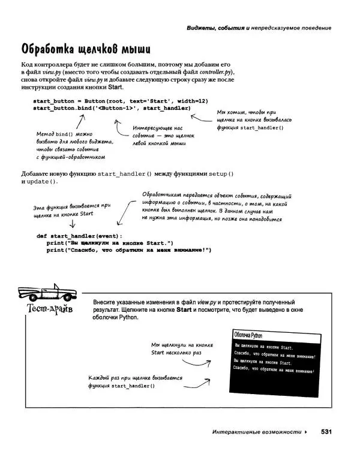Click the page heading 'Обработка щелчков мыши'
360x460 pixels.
86,49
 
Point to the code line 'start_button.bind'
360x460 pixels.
112,109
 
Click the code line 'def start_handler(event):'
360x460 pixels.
79,236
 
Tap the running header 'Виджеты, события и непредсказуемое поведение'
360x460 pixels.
259,28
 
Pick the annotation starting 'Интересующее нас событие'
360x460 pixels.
159,136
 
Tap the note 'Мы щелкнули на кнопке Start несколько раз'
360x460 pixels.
182,349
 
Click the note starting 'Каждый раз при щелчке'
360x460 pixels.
135,382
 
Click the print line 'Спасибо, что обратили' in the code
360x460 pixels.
128,250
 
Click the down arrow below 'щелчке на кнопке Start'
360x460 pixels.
73,224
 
